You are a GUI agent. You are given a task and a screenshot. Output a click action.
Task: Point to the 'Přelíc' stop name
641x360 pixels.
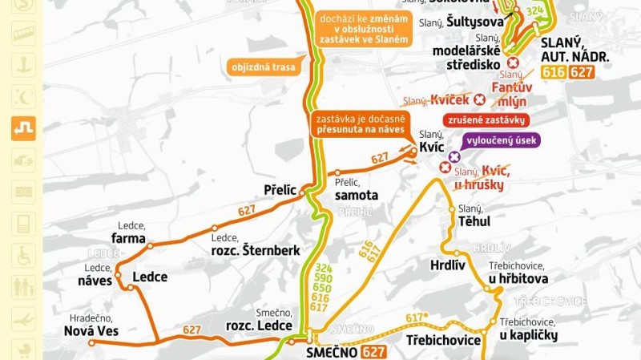280,190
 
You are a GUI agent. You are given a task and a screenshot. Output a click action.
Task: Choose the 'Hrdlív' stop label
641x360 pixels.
447,265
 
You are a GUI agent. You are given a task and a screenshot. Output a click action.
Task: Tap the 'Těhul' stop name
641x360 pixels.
474,221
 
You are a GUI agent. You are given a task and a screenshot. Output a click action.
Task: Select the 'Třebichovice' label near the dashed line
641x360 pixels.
443,340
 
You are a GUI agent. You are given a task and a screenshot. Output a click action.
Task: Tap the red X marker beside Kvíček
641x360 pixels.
480,100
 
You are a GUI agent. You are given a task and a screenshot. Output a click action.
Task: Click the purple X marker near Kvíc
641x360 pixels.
454,156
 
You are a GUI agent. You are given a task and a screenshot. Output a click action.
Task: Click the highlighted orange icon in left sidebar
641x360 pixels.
23,127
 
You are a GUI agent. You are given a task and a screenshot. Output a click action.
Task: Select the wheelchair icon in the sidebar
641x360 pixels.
23,256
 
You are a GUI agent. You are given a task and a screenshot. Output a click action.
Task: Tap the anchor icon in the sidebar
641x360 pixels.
23,63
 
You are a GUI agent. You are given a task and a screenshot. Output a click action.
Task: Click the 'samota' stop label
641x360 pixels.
357,195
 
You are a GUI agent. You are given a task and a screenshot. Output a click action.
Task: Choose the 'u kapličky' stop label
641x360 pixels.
528,335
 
